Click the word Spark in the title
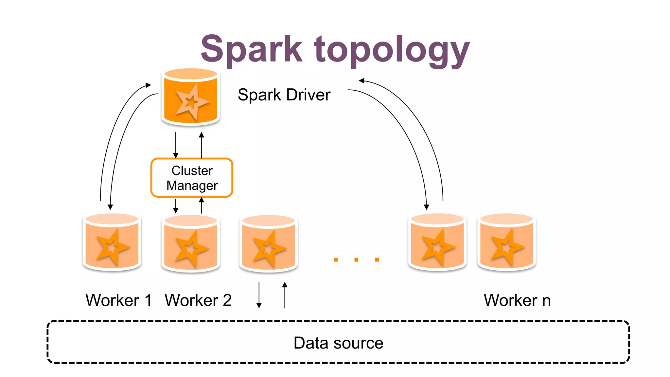[251, 49]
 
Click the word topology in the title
[392, 51]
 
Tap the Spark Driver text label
[284, 95]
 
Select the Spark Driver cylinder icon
[191, 97]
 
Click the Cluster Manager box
[192, 178]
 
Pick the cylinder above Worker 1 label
[112, 242]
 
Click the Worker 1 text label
[118, 300]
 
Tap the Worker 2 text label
[198, 300]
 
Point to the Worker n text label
[517, 300]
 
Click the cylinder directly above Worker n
[506, 242]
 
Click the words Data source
[338, 343]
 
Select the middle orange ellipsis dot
[356, 260]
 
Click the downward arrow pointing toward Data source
[259, 295]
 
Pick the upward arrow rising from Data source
[285, 295]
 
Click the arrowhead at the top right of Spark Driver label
[361, 81]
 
